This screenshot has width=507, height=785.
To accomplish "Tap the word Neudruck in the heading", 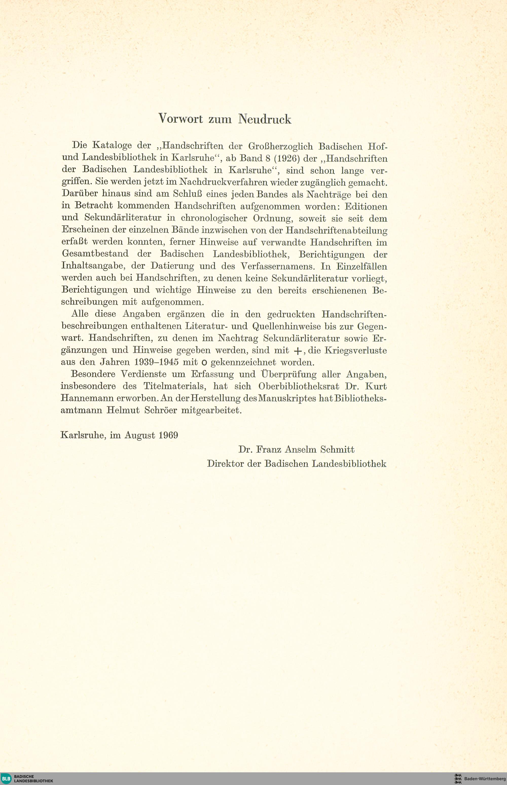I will click(x=265, y=119).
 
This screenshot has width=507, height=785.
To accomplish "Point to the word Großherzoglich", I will click(x=280, y=146).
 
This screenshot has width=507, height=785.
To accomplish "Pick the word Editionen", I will click(x=366, y=206).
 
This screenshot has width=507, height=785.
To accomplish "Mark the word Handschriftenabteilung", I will click(x=336, y=230).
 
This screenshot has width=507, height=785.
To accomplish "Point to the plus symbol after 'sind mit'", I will click(x=297, y=351).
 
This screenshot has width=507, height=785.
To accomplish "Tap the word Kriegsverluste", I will click(x=356, y=350).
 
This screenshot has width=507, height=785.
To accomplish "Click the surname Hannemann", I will click(x=87, y=398).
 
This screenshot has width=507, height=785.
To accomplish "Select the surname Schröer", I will click(x=160, y=410).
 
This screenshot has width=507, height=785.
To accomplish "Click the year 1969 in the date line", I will click(x=168, y=435).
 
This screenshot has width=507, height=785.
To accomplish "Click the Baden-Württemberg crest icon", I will click(x=458, y=778).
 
